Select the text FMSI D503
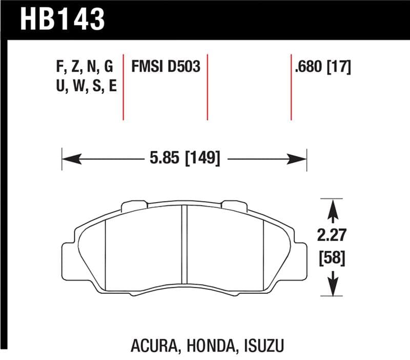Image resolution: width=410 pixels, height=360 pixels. [x=166, y=67]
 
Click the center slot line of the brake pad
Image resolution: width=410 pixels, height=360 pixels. [x=184, y=246]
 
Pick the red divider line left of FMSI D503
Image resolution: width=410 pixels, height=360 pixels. [x=124, y=86]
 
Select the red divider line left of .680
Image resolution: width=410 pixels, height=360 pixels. [x=291, y=86]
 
